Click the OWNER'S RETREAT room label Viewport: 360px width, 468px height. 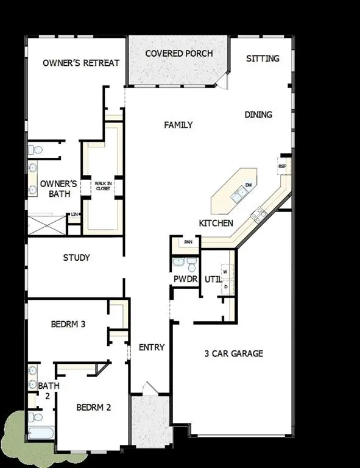[x=81, y=63]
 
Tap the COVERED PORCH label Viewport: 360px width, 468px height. [x=178, y=53]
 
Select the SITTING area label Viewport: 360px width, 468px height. [x=263, y=58]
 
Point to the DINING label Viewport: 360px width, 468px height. [x=258, y=114]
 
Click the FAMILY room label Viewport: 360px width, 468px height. [x=178, y=125]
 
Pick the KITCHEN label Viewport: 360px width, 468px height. [x=216, y=223]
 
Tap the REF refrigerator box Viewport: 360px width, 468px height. [x=282, y=166]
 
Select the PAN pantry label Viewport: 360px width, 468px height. [x=188, y=243]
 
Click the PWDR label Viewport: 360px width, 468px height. [x=186, y=279]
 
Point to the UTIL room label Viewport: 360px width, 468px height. [x=213, y=279]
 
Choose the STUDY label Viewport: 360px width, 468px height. [x=77, y=258]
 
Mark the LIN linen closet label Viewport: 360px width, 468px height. [x=74, y=214]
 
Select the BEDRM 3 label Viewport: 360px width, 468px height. [x=68, y=324]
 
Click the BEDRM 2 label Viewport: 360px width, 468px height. [x=93, y=407]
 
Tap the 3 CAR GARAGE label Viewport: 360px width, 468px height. [x=234, y=353]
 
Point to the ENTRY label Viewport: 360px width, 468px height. [x=152, y=347]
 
